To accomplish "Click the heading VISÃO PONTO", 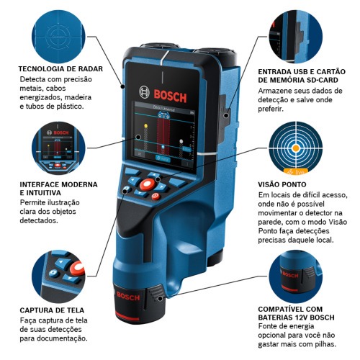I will click(x=282, y=184).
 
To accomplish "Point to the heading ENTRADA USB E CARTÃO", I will click(x=302, y=73).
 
